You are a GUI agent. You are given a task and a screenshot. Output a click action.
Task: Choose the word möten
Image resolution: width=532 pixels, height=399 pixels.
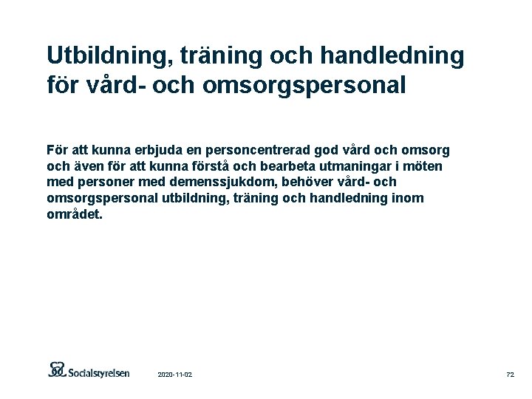(x=427, y=166)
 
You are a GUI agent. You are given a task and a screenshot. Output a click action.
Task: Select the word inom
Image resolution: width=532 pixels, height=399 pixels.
(x=409, y=197)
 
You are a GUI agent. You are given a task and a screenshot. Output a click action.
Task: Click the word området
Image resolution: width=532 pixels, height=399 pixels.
(x=75, y=214)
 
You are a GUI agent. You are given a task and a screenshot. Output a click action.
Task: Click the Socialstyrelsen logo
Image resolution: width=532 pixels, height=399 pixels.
(x=89, y=371)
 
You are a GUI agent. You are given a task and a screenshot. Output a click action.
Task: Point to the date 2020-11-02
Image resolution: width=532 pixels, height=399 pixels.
(x=175, y=375)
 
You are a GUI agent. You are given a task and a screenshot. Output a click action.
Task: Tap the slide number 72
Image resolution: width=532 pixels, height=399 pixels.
(x=510, y=375)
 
